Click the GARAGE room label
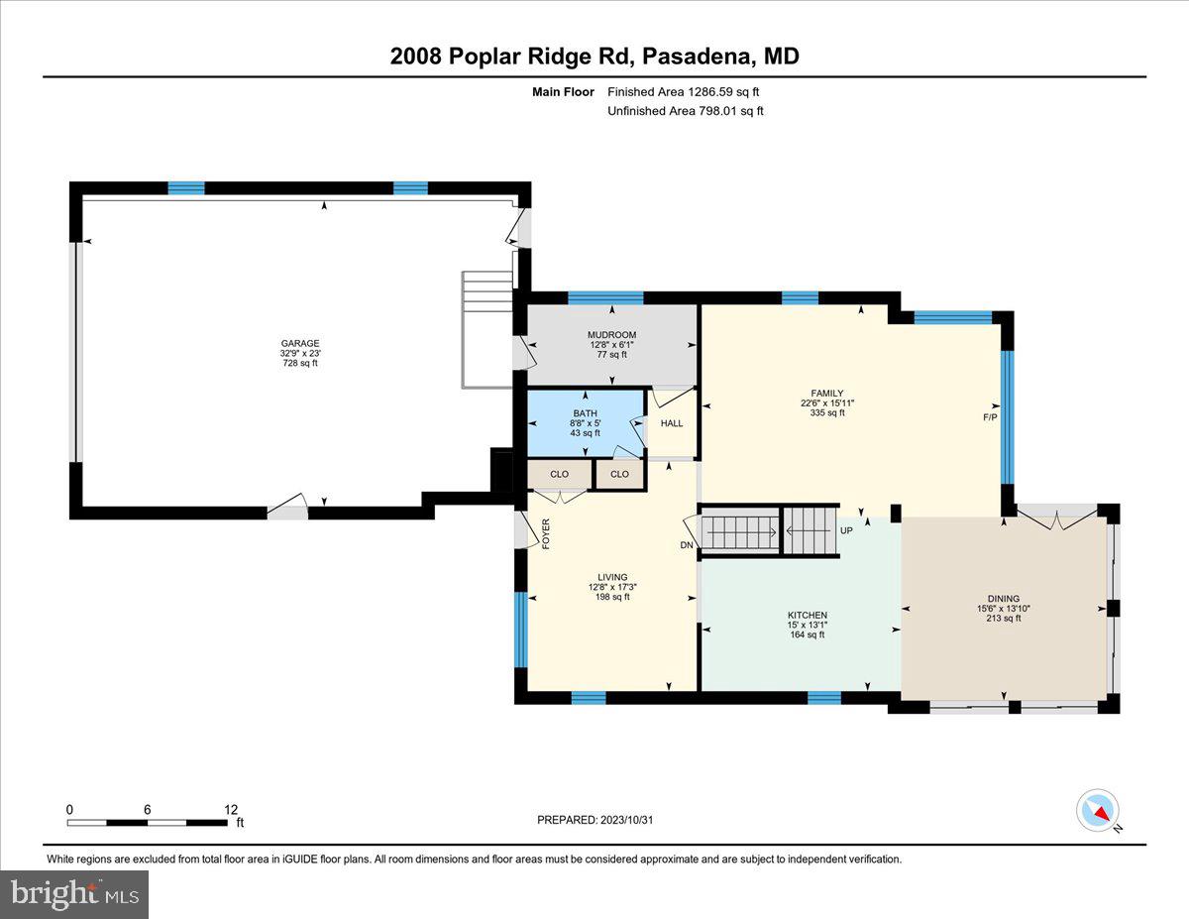pos(299,343)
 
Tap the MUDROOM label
pos(611,335)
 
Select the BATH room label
pos(585,413)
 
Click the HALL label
pos(672,423)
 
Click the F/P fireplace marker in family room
pos(989,417)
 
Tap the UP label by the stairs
pos(846,530)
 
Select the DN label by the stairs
pos(686,545)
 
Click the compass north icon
pos(1098,810)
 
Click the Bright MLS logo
pos(74,894)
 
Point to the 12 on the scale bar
pos(231,809)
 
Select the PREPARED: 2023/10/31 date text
pos(596,820)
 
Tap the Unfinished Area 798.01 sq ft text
pos(685,111)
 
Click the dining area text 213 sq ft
pos(1004,618)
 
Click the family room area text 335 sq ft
pos(827,413)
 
